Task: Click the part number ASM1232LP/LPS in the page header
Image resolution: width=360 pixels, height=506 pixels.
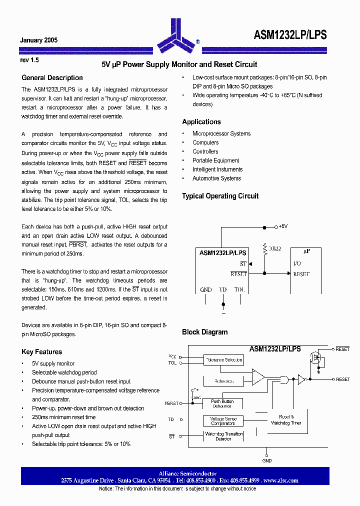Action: (290, 34)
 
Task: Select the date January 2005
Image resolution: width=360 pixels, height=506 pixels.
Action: (38, 40)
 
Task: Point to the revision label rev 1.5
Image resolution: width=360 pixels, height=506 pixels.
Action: (29, 59)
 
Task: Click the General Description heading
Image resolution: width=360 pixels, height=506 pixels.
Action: (52, 77)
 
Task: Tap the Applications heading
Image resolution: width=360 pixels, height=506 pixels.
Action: (201, 122)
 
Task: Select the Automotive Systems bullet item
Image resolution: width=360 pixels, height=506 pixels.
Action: (216, 178)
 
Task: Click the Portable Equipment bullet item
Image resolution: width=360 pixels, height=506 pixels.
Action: (215, 160)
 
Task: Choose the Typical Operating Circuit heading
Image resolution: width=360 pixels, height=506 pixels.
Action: (220, 196)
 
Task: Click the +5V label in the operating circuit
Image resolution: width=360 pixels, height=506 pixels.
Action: (282, 226)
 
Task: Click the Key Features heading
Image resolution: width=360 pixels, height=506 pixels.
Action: (41, 351)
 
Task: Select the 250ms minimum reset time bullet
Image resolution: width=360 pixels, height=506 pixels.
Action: (63, 417)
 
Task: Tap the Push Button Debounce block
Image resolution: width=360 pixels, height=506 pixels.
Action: (222, 403)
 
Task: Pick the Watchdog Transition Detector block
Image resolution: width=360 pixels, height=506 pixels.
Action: (223, 436)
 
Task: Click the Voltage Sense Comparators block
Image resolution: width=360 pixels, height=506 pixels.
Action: (223, 421)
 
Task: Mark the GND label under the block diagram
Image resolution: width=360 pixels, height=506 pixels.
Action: (267, 460)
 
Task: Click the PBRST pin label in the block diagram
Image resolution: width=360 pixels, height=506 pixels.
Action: (170, 403)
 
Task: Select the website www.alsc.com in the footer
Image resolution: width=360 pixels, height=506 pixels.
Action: (280, 480)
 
